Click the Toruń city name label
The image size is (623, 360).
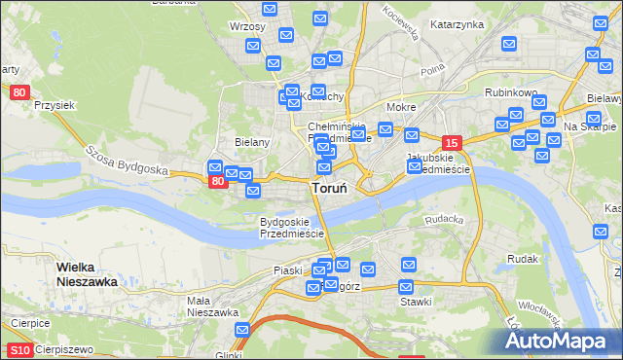tap(331, 188)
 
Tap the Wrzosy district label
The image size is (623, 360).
tap(247, 26)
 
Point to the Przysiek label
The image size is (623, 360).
tap(55, 104)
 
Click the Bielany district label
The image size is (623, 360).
tap(251, 142)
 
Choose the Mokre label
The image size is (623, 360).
tap(401, 107)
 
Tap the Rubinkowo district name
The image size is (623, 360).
tap(511, 93)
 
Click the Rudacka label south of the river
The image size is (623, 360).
tap(443, 219)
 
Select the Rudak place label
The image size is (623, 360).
tap(523, 259)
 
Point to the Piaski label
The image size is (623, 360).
tap(289, 270)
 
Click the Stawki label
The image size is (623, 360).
tap(416, 303)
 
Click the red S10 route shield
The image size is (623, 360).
tap(19, 349)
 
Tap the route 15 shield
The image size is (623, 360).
tap(450, 141)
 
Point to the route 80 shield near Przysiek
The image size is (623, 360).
tap(20, 92)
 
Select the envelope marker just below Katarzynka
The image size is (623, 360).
tap(508, 44)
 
